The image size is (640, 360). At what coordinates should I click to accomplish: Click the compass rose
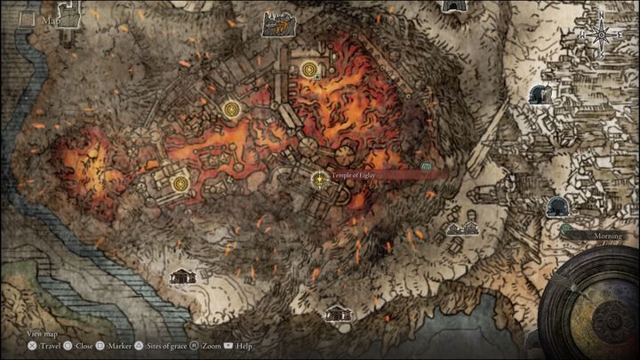[x=602, y=35]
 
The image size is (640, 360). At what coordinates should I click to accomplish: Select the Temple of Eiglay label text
[x=356, y=176]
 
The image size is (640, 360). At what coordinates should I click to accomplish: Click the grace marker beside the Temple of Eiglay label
[x=318, y=180]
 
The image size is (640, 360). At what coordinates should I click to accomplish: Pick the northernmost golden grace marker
[x=309, y=68]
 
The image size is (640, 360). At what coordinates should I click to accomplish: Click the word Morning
[x=604, y=236]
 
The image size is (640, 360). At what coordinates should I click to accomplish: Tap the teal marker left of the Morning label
[x=565, y=228]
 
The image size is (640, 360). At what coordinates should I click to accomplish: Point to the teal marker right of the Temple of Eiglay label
[x=426, y=167]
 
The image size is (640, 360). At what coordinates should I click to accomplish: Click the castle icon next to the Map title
[x=276, y=25]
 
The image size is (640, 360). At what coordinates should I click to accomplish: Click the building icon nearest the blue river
[x=182, y=276]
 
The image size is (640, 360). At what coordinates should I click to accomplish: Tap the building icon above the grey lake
[x=337, y=313]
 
